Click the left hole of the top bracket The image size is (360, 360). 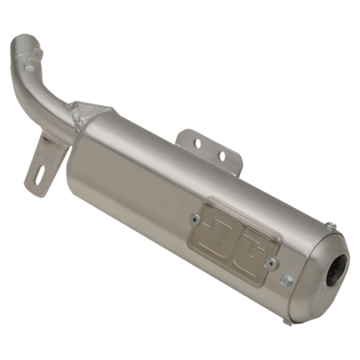coord(197,144)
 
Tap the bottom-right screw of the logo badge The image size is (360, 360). coord(272,264)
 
